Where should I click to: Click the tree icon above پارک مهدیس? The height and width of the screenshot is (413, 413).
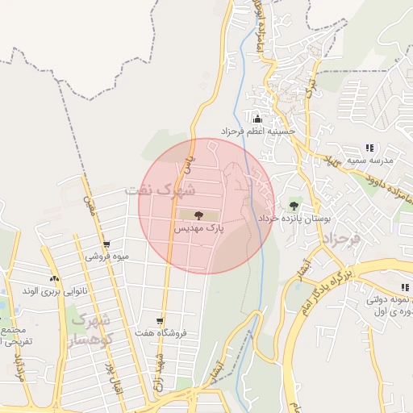click(198, 215)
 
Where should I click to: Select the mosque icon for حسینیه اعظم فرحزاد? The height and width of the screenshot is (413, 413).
click(257, 119)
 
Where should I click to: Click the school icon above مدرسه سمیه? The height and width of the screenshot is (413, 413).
click(369, 148)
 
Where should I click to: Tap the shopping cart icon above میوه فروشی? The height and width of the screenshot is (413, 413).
click(106, 244)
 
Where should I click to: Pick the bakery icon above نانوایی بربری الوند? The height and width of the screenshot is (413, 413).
click(55, 278)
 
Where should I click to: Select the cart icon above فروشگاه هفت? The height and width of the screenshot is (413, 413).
click(161, 320)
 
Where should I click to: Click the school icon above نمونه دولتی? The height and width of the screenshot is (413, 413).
click(403, 287)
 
